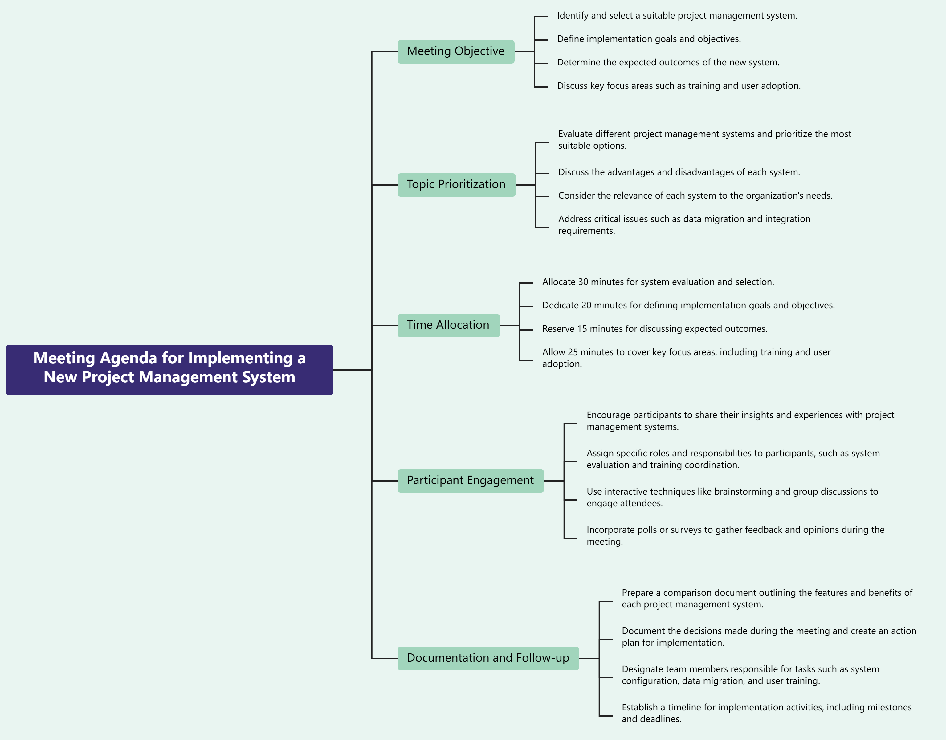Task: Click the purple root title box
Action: pyautogui.click(x=169, y=370)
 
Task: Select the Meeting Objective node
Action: pyautogui.click(x=456, y=51)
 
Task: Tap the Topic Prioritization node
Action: pyautogui.click(x=456, y=185)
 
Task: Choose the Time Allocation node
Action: pyautogui.click(x=448, y=325)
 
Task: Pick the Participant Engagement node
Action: pyautogui.click(x=471, y=481)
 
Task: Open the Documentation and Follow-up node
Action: pyautogui.click(x=488, y=658)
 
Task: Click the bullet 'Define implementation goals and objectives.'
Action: pyautogui.click(x=648, y=39)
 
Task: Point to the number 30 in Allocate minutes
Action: pyautogui.click(x=583, y=282)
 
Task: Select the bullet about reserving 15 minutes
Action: pyautogui.click(x=654, y=329)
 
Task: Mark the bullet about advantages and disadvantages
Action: pyautogui.click(x=679, y=172)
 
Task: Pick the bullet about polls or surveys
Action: pyautogui.click(x=735, y=535)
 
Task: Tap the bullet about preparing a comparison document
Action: pyautogui.click(x=767, y=598)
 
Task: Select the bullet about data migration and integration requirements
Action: pyautogui.click(x=684, y=224)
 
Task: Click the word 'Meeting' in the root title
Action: pyautogui.click(x=64, y=358)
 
